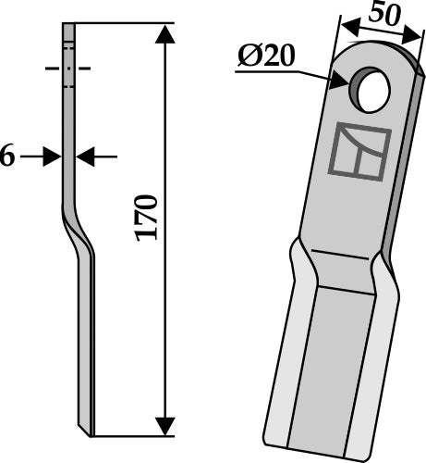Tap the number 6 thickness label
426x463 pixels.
pos(7,156)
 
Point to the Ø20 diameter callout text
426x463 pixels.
pos(266,56)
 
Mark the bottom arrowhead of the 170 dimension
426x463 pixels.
pos(164,425)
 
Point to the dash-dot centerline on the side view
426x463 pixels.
pos(67,69)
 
